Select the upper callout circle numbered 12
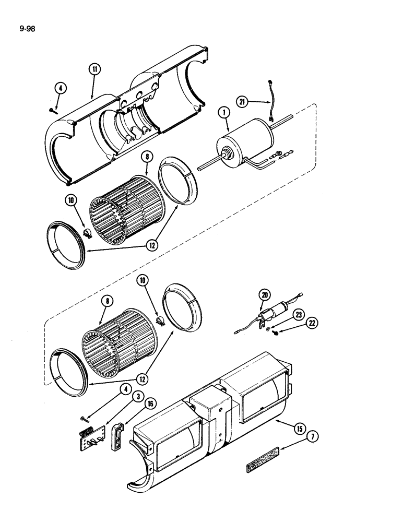(x=151, y=244)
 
